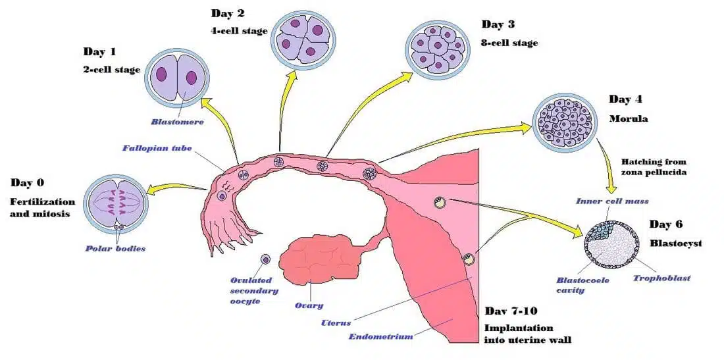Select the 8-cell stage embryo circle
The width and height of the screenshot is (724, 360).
pyautogui.click(x=436, y=46)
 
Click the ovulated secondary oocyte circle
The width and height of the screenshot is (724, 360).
pyautogui.click(x=266, y=260)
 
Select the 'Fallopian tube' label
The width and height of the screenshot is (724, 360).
pyautogui.click(x=157, y=148)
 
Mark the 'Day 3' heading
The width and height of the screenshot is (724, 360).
pyautogui.click(x=498, y=25)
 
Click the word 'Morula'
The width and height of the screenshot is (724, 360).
pyautogui.click(x=629, y=119)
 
